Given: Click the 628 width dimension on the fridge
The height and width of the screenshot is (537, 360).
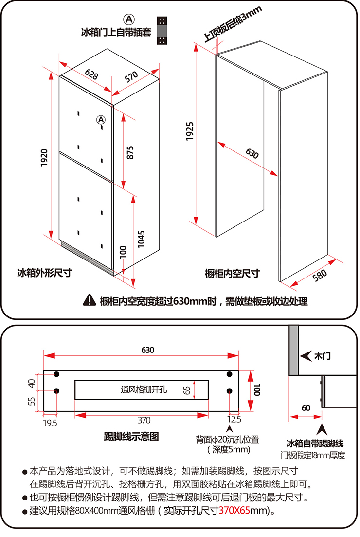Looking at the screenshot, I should point(91,74).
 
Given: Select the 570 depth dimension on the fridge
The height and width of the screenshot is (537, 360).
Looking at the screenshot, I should point(131,77).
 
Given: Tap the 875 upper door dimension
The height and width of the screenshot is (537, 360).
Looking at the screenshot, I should point(130,152).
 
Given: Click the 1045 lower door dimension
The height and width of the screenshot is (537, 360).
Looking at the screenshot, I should point(141,239).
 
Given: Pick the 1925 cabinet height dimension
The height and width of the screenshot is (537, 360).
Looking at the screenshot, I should point(190,131).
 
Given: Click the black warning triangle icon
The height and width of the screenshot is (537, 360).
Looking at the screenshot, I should point(89,300).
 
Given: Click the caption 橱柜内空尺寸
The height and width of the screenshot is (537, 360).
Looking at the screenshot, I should point(232,274).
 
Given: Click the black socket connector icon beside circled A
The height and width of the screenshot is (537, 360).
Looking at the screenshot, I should point(162,31).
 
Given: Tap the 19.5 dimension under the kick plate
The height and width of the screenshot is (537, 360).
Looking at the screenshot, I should point(50,423).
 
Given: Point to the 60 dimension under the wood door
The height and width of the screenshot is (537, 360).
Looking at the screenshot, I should point(306,408).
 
